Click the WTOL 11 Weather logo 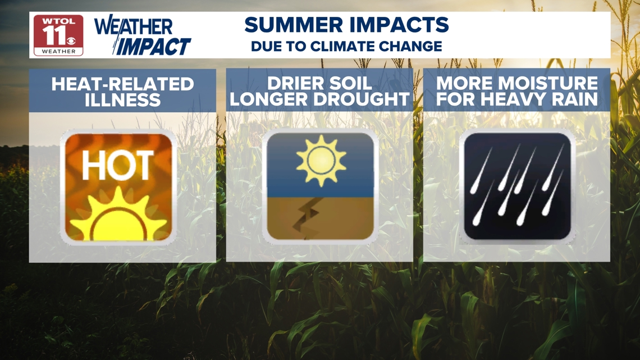(x=58, y=35)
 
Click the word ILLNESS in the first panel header (x=122, y=100)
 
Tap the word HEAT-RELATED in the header (x=122, y=84)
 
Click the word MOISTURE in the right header (x=548, y=83)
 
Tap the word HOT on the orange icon (x=118, y=165)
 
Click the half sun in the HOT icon (x=118, y=216)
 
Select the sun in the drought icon (x=321, y=161)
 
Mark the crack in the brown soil (x=307, y=216)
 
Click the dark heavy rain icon (x=517, y=186)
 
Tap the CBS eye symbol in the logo (x=71, y=40)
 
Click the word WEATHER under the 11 (x=59, y=52)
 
